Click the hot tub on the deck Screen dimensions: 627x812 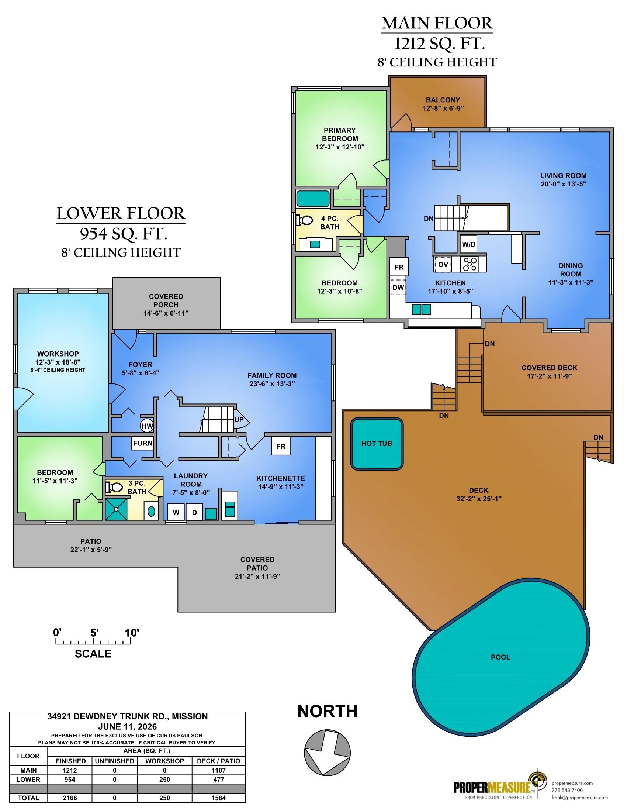coord(377,444)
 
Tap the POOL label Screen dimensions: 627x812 coord(501,657)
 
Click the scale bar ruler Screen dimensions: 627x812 coord(93,641)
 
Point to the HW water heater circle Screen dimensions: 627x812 coord(148,426)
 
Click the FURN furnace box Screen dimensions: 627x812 coord(143,443)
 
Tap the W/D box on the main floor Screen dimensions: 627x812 coord(468,244)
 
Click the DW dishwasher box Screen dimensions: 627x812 coord(398,287)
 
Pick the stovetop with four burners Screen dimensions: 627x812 coord(470,264)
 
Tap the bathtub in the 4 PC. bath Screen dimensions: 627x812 coord(313,199)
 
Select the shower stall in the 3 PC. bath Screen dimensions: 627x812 coord(116,509)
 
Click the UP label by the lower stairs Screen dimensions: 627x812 coord(239,419)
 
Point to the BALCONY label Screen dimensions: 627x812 coord(443,100)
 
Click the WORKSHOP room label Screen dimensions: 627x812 coord(58,354)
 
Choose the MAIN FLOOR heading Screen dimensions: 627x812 coord(437,23)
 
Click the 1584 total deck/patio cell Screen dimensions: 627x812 coord(219,798)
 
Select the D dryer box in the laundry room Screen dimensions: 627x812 coord(194,512)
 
